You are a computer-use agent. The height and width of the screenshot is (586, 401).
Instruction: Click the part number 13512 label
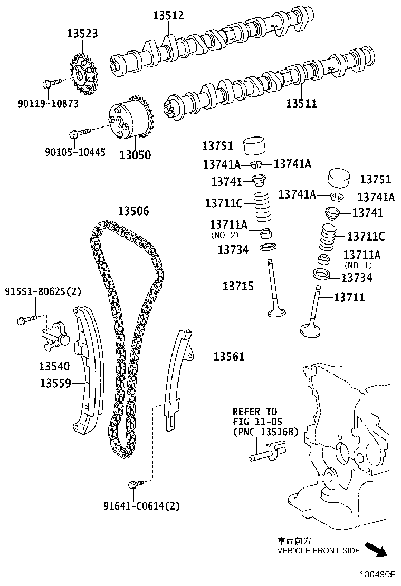168,16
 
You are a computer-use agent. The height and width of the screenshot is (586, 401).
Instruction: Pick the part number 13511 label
301,103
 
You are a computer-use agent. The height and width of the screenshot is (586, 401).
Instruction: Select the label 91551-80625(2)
43,291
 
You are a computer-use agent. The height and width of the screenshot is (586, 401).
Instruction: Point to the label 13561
228,357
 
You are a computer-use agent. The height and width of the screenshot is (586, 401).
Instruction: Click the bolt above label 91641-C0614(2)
133,483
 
